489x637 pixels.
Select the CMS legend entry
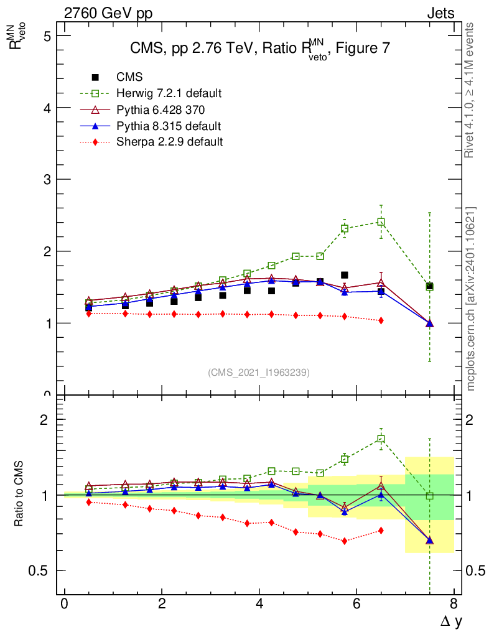(129, 77)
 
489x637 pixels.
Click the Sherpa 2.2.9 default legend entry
(169, 142)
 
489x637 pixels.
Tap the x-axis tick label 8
(454, 604)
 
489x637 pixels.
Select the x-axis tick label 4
(259, 604)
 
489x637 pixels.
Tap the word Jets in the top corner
(440, 13)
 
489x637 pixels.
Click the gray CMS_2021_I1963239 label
(259, 372)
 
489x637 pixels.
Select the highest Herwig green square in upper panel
(381, 222)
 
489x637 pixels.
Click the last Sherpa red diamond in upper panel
(381, 320)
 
